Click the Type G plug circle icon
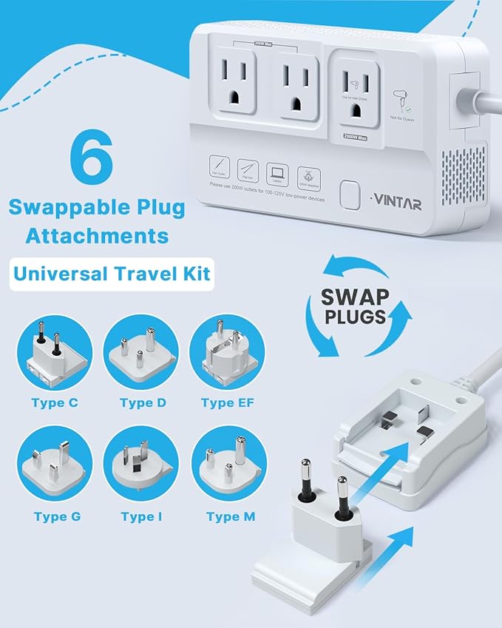(55, 463)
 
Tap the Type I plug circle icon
(140, 463)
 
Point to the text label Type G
(56, 516)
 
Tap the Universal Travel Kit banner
(111, 274)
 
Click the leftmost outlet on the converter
(237, 83)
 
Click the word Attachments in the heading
(97, 236)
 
